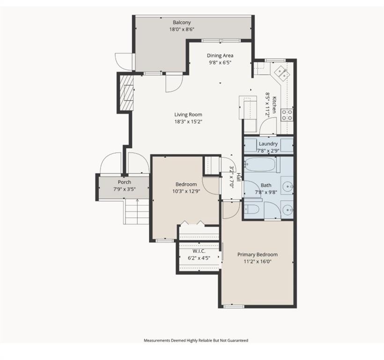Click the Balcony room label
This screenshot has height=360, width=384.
(x=182, y=22)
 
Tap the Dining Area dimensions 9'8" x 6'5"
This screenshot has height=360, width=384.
(x=220, y=62)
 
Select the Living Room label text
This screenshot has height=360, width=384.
(x=188, y=114)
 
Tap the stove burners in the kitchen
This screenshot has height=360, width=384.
(x=287, y=114)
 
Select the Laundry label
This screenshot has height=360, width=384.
(x=268, y=144)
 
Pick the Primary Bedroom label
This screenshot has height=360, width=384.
(x=257, y=255)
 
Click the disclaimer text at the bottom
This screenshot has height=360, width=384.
(x=196, y=340)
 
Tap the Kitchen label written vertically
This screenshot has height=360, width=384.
(x=274, y=105)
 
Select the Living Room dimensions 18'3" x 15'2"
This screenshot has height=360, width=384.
(x=188, y=121)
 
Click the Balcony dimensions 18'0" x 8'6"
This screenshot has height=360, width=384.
(x=182, y=29)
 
